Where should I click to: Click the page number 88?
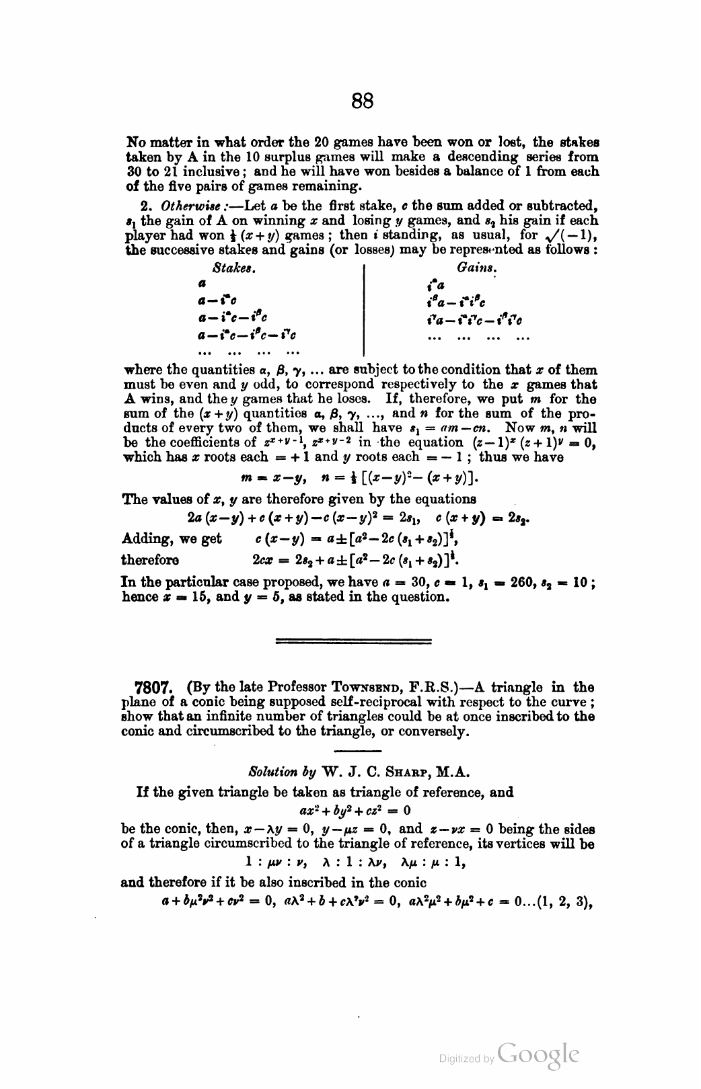[x=362, y=102]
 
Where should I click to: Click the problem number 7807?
[x=157, y=688]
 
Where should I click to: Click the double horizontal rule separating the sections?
[x=355, y=641]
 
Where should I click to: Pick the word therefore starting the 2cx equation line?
[x=150, y=560]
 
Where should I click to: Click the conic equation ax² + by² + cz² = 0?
[x=353, y=809]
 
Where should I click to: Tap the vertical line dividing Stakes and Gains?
[x=363, y=310]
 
